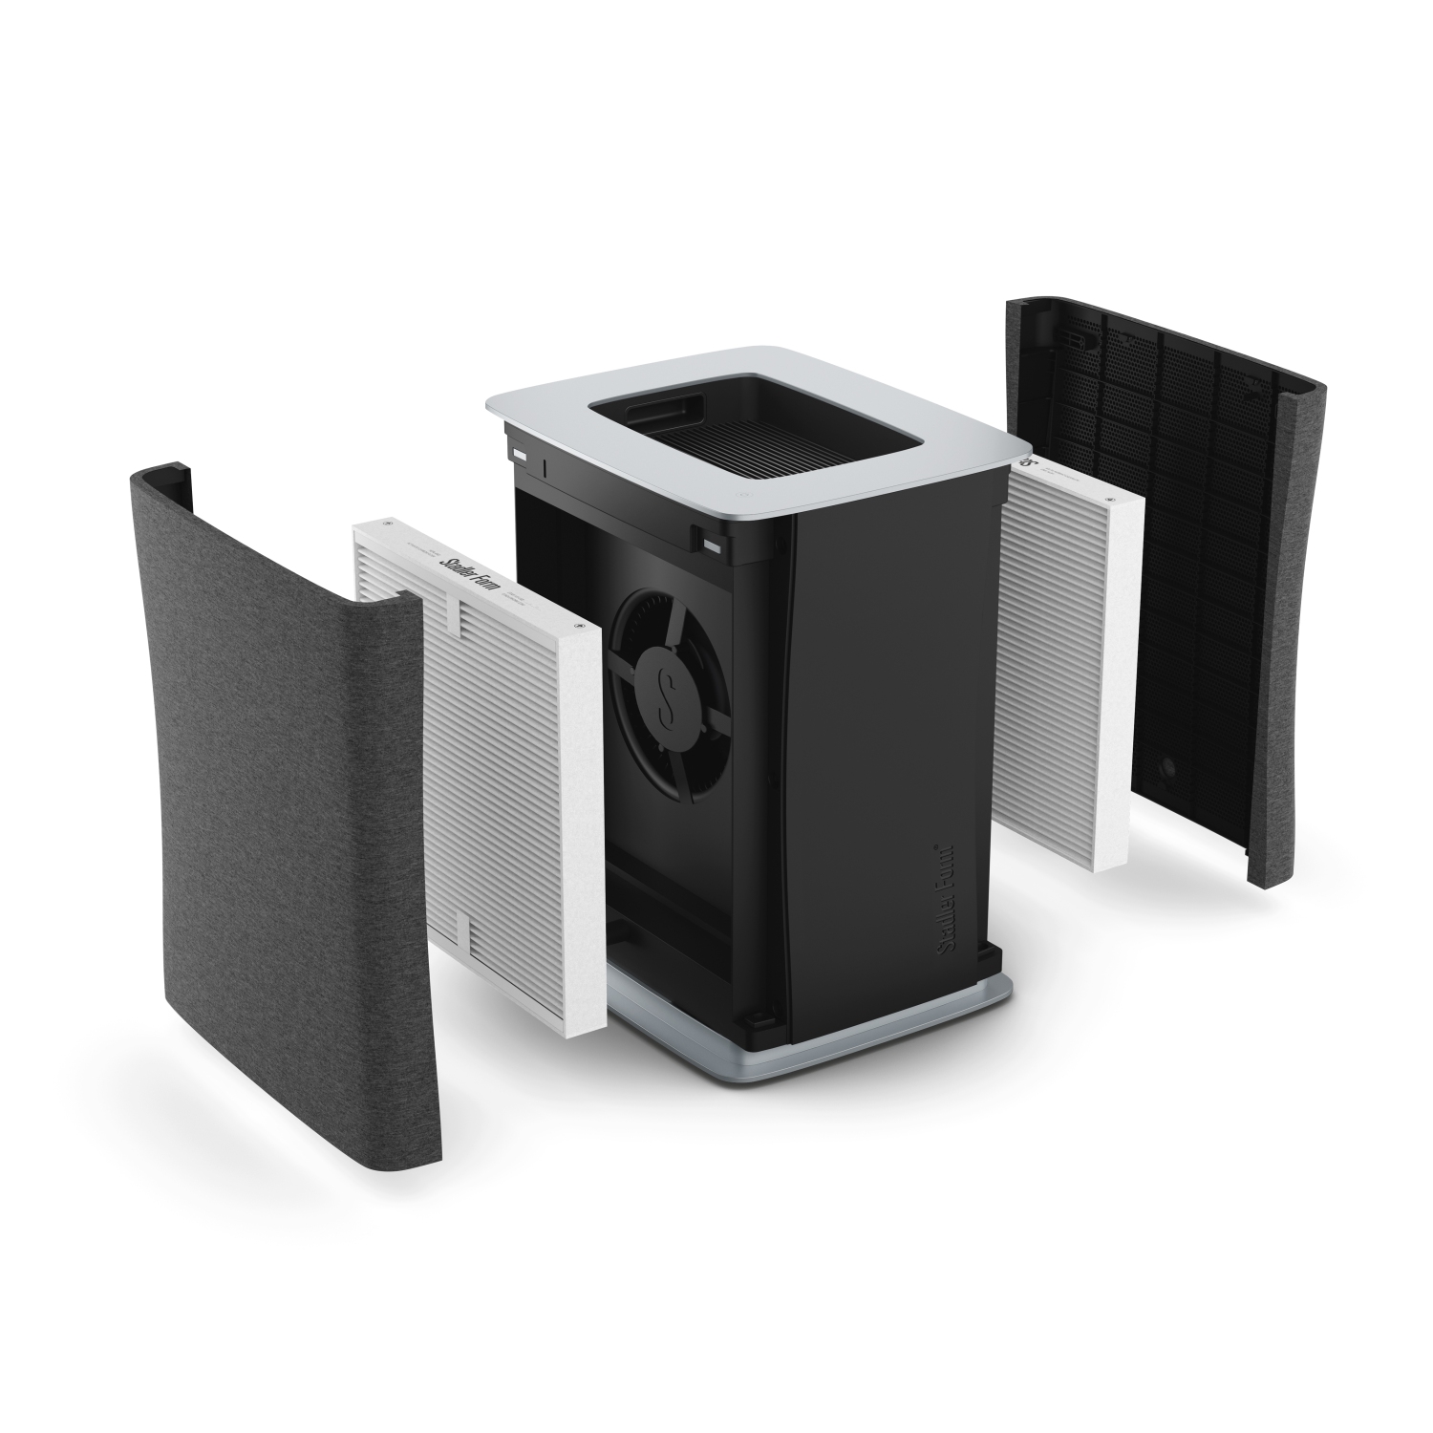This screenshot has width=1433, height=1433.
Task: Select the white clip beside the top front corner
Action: [x=713, y=545]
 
